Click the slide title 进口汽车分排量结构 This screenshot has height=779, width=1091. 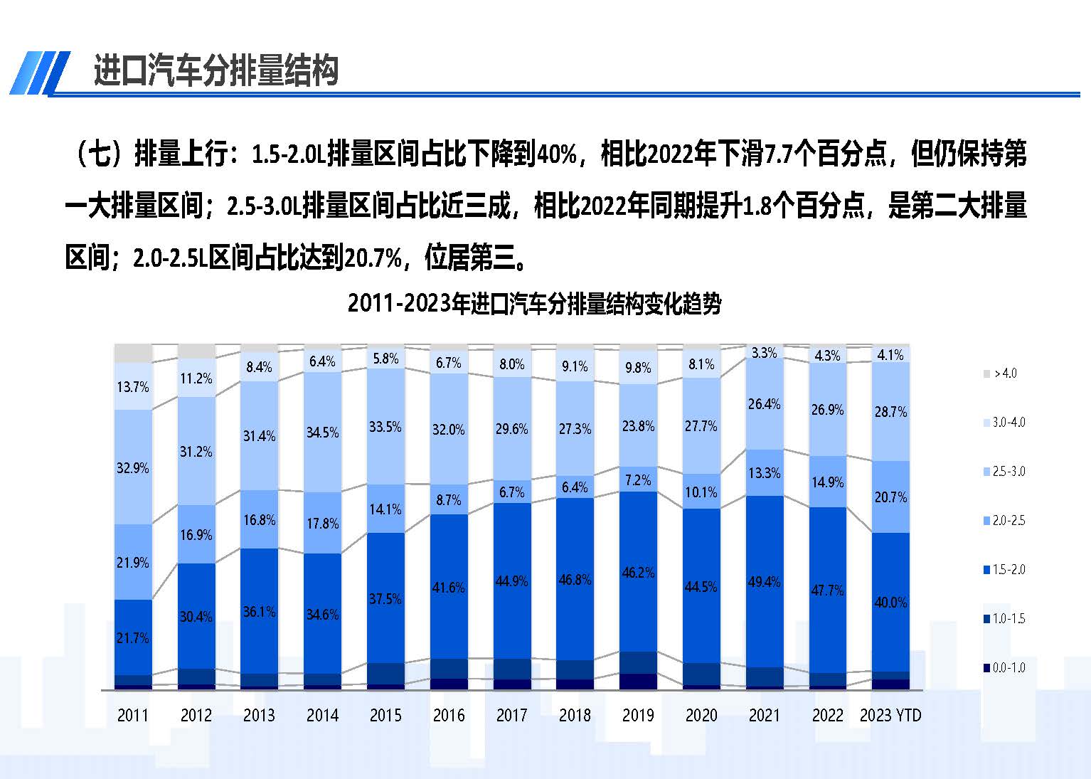coord(215,71)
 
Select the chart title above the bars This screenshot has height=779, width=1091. coord(534,304)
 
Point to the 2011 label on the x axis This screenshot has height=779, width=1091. coord(133,716)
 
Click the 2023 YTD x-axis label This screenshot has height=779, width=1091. coord(890,716)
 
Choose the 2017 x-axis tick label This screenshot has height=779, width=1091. coord(511,716)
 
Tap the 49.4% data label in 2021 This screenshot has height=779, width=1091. coord(765,582)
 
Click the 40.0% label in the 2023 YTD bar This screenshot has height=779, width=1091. coord(890,603)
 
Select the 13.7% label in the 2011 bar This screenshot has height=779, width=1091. coord(133,387)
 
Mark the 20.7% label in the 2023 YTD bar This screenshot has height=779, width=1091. coord(890,497)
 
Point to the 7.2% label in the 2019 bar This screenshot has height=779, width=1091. coord(638,480)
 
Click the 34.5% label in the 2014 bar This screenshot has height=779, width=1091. coord(322,433)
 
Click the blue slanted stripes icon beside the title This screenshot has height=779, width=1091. coord(40,73)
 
